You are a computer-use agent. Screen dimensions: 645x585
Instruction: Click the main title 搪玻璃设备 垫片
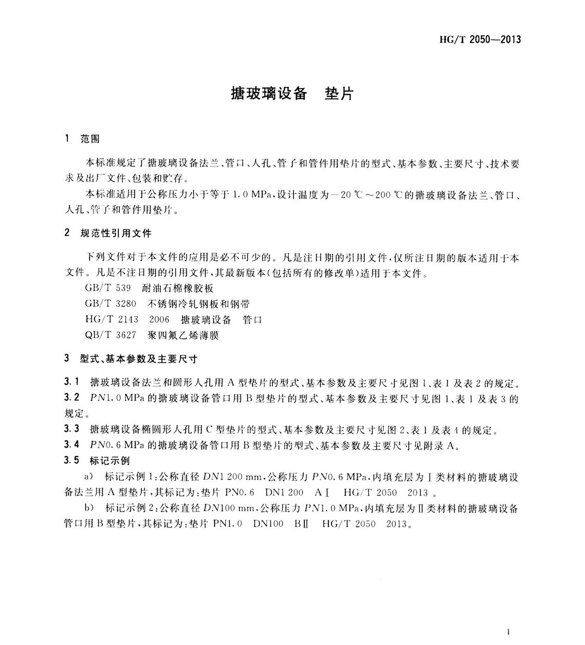coord(292,94)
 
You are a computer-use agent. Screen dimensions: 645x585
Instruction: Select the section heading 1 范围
coord(82,139)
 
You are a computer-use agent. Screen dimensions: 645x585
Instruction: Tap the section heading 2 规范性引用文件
coord(108,233)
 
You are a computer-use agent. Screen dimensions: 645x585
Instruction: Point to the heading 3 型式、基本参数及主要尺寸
coord(131,360)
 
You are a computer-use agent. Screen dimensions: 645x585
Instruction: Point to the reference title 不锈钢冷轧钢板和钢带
coord(198,304)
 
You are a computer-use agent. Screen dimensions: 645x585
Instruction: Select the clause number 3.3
coord(71,430)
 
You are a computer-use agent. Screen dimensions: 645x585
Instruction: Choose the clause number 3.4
coord(71,445)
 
